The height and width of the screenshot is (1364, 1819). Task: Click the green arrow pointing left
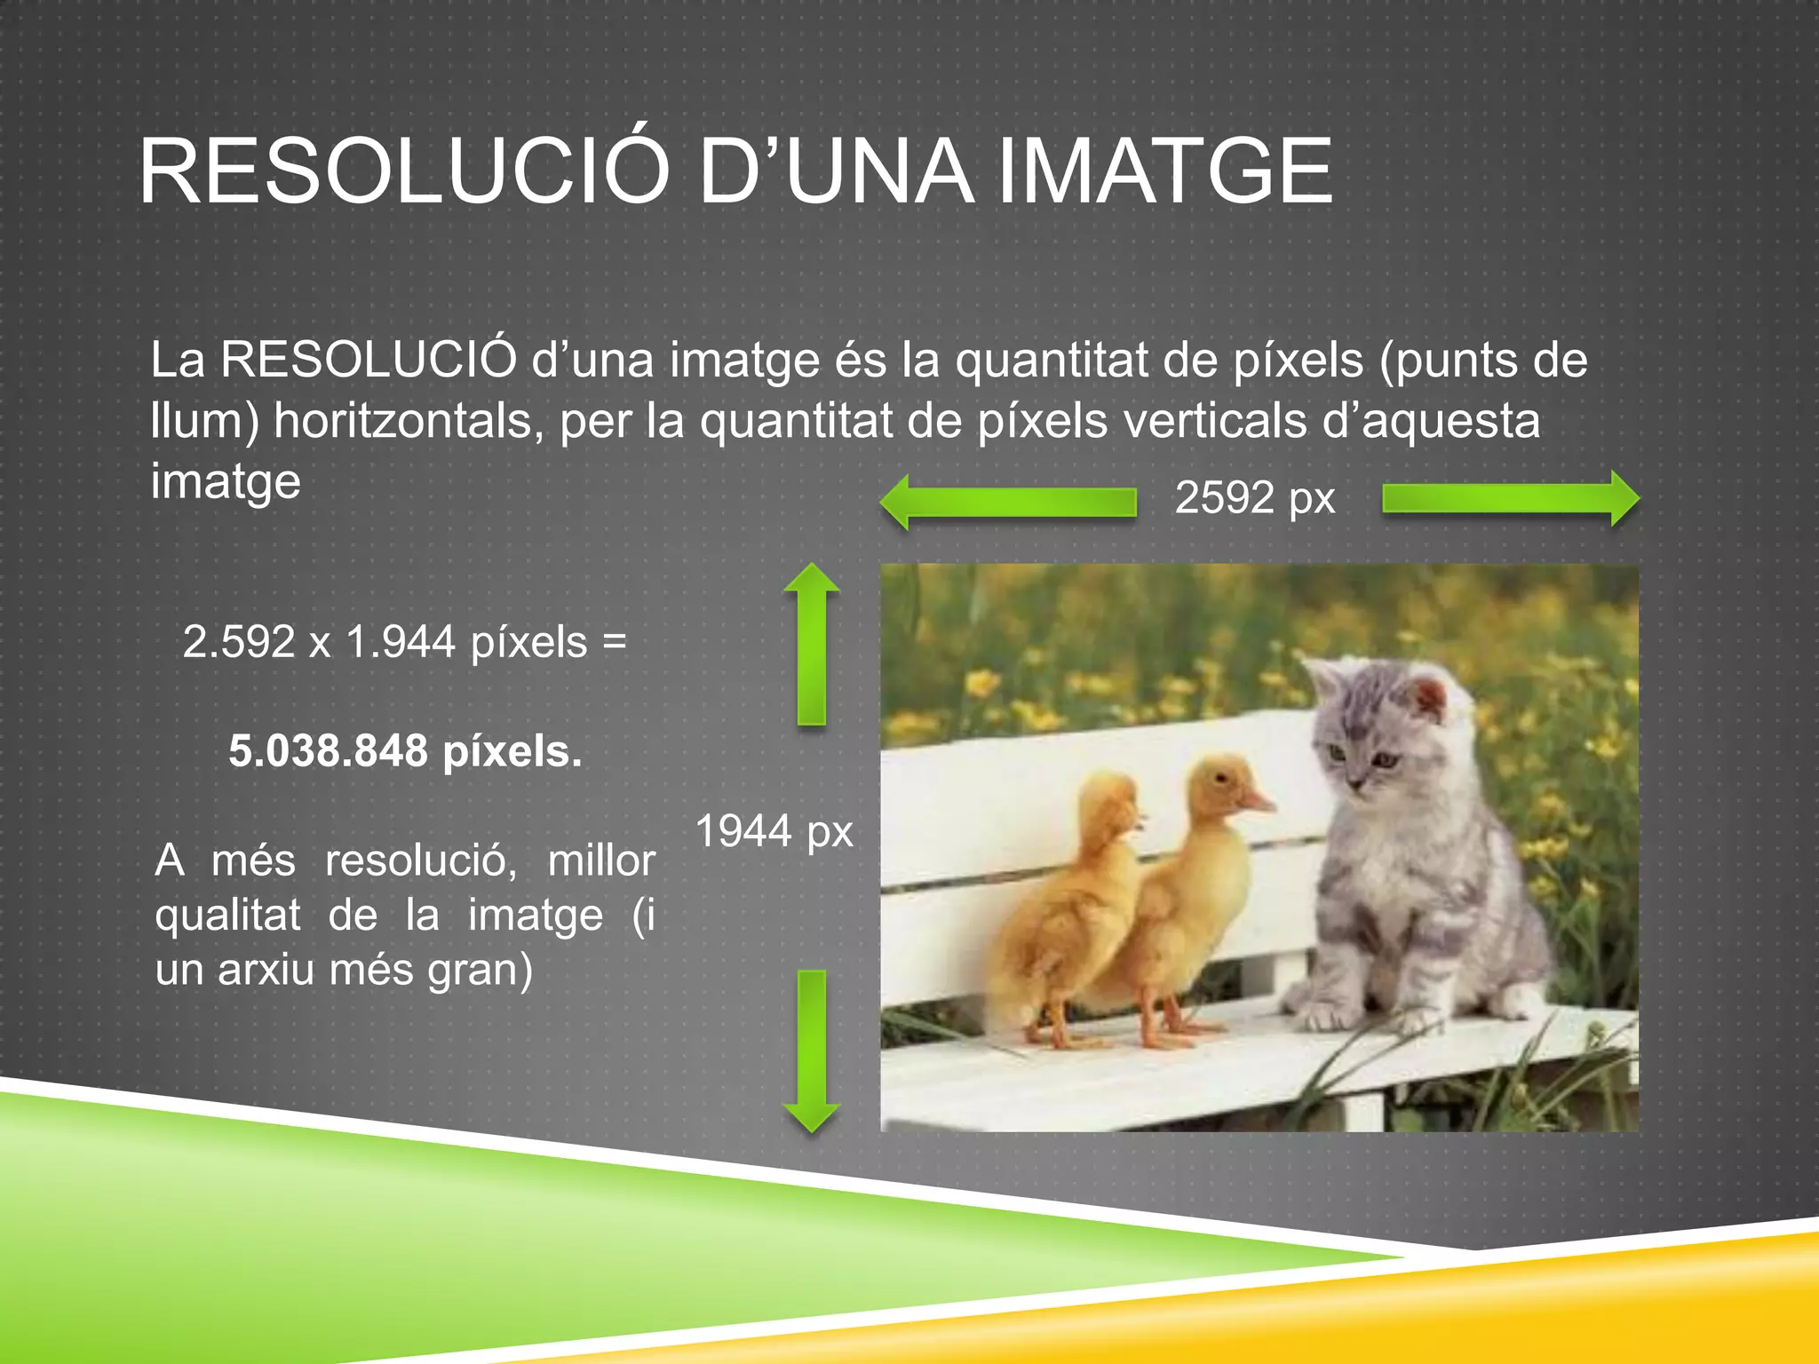tap(1008, 502)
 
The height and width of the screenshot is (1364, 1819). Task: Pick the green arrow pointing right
tap(1511, 499)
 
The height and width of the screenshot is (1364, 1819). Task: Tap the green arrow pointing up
tap(812, 644)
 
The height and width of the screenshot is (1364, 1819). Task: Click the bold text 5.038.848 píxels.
tap(405, 751)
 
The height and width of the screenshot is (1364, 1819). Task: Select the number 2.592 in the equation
tap(238, 641)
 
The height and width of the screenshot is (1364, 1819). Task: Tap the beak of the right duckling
tap(1258, 804)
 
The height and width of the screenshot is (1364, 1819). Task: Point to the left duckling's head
tap(1110, 804)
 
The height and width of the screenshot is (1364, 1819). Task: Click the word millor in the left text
tap(601, 860)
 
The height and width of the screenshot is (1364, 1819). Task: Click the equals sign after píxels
tap(615, 641)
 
